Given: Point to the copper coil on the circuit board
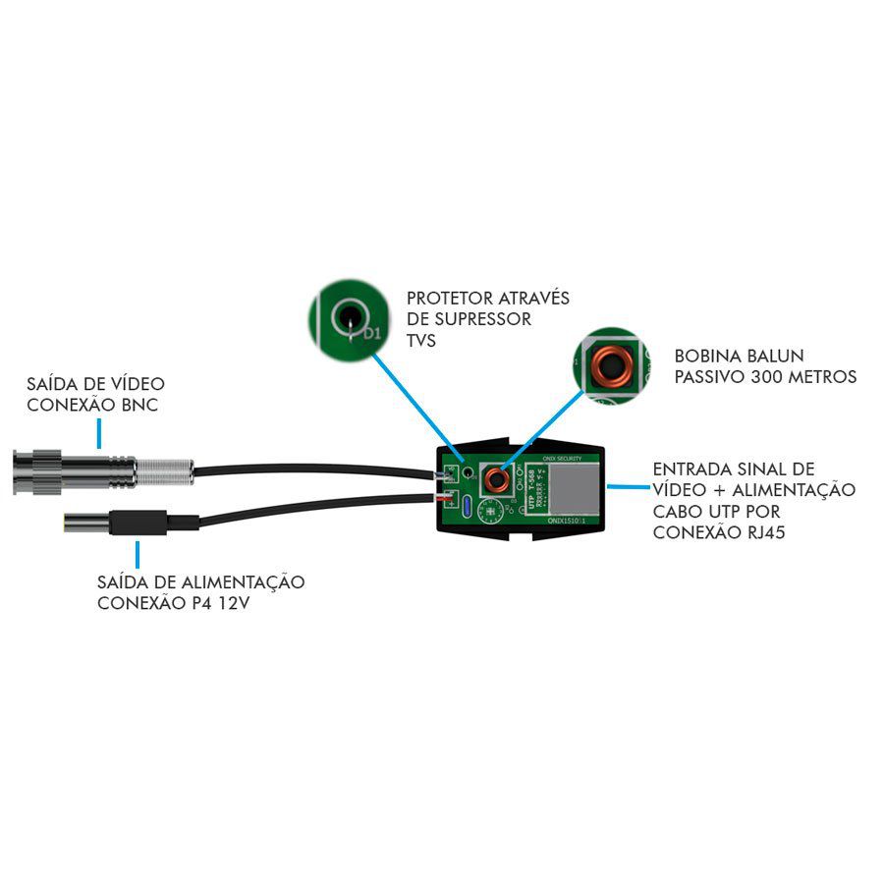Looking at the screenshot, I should coord(498,480).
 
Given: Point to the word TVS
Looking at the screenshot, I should coord(420,340).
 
